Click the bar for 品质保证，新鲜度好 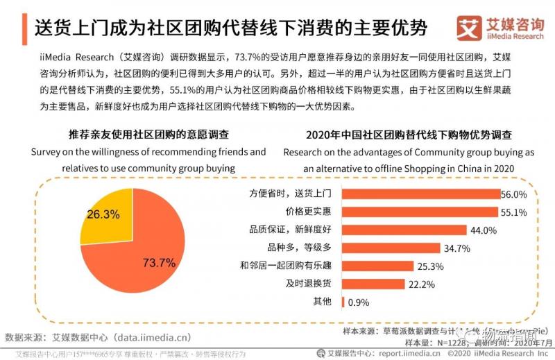[403, 230]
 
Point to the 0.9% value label [359, 302]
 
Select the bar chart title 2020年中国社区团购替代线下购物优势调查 [409, 134]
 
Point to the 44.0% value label [484, 230]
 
